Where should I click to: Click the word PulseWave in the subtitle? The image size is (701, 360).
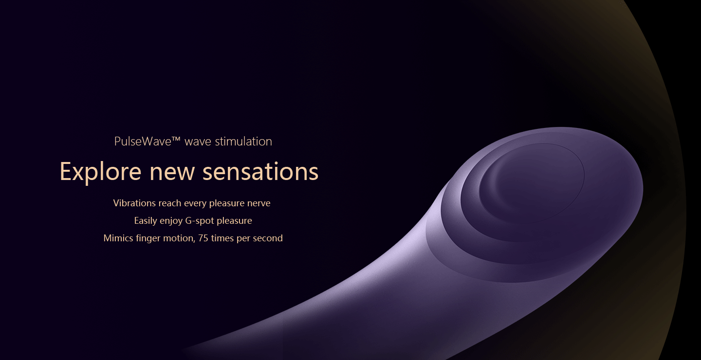click(143, 142)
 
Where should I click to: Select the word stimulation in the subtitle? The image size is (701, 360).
click(243, 142)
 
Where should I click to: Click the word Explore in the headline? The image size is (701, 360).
click(100, 172)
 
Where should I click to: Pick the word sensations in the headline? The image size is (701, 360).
click(260, 172)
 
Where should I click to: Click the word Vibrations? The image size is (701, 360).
click(134, 203)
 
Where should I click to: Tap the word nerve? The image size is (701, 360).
click(259, 204)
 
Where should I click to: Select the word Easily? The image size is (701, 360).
click(146, 221)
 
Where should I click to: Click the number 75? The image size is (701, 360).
click(203, 238)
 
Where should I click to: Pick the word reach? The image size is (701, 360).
click(170, 203)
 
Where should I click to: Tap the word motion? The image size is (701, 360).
click(179, 238)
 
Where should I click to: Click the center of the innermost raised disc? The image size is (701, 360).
click(532, 183)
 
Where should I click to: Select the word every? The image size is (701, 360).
click(195, 204)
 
